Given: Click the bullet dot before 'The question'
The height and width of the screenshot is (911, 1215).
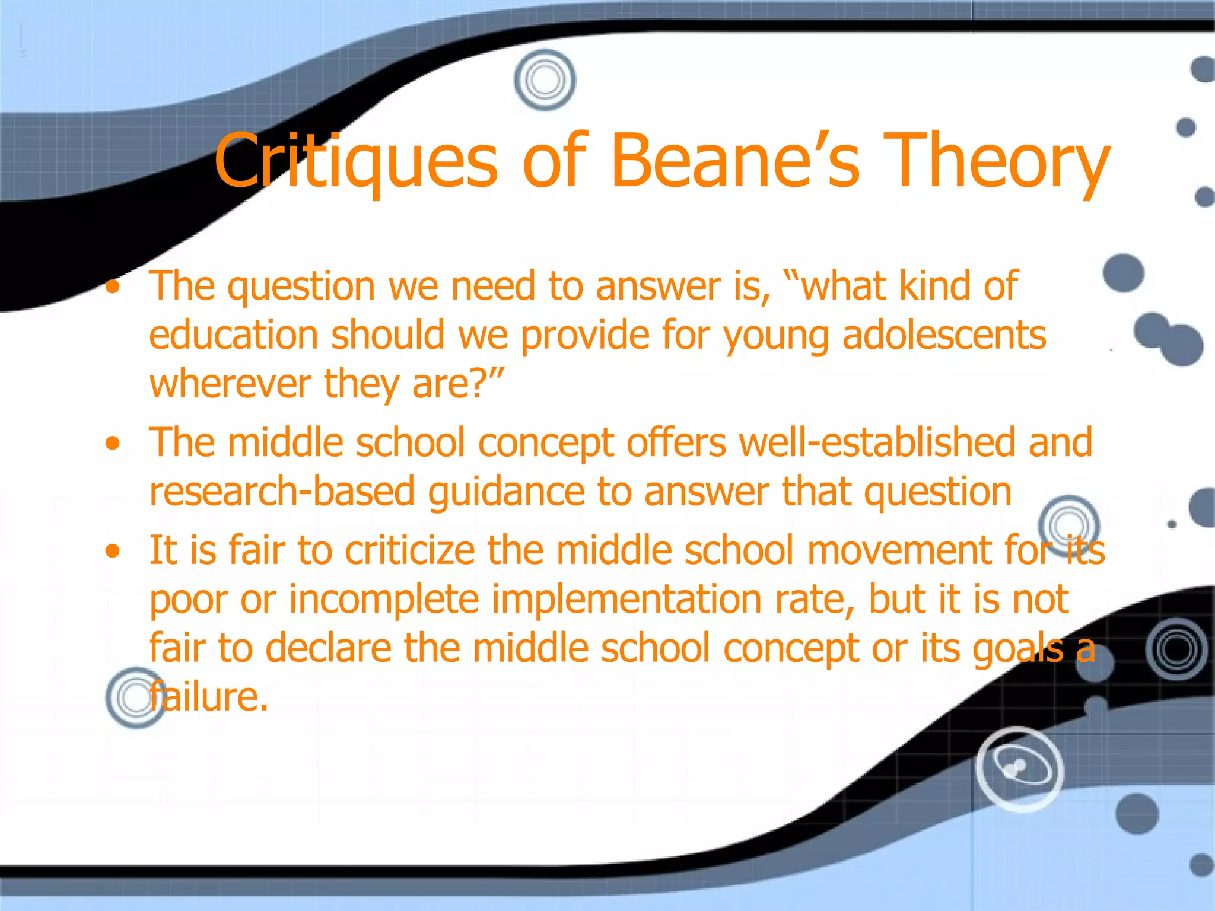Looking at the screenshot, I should (112, 288).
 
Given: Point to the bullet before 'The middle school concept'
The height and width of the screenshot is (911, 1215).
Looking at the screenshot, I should (112, 444).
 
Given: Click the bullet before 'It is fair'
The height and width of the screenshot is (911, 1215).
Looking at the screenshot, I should (112, 552).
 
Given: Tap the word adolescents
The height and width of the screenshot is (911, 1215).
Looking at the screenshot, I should (944, 335).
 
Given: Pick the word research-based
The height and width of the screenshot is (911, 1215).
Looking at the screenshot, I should (282, 492).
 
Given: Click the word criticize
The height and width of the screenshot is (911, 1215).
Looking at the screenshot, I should (410, 550).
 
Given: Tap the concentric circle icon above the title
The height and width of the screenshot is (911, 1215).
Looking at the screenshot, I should (545, 80).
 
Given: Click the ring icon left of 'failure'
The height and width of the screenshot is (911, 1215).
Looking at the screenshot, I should (135, 697).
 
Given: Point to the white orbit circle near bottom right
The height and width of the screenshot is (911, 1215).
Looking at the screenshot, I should (1019, 769).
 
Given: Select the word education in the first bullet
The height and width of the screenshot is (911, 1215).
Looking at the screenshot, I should (234, 335).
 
